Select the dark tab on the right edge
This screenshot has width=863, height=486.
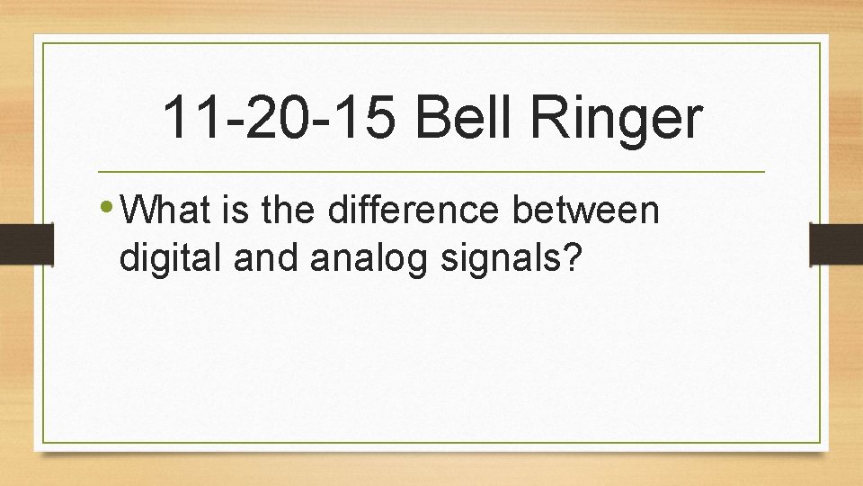(836, 243)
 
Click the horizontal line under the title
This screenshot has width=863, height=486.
(431, 171)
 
